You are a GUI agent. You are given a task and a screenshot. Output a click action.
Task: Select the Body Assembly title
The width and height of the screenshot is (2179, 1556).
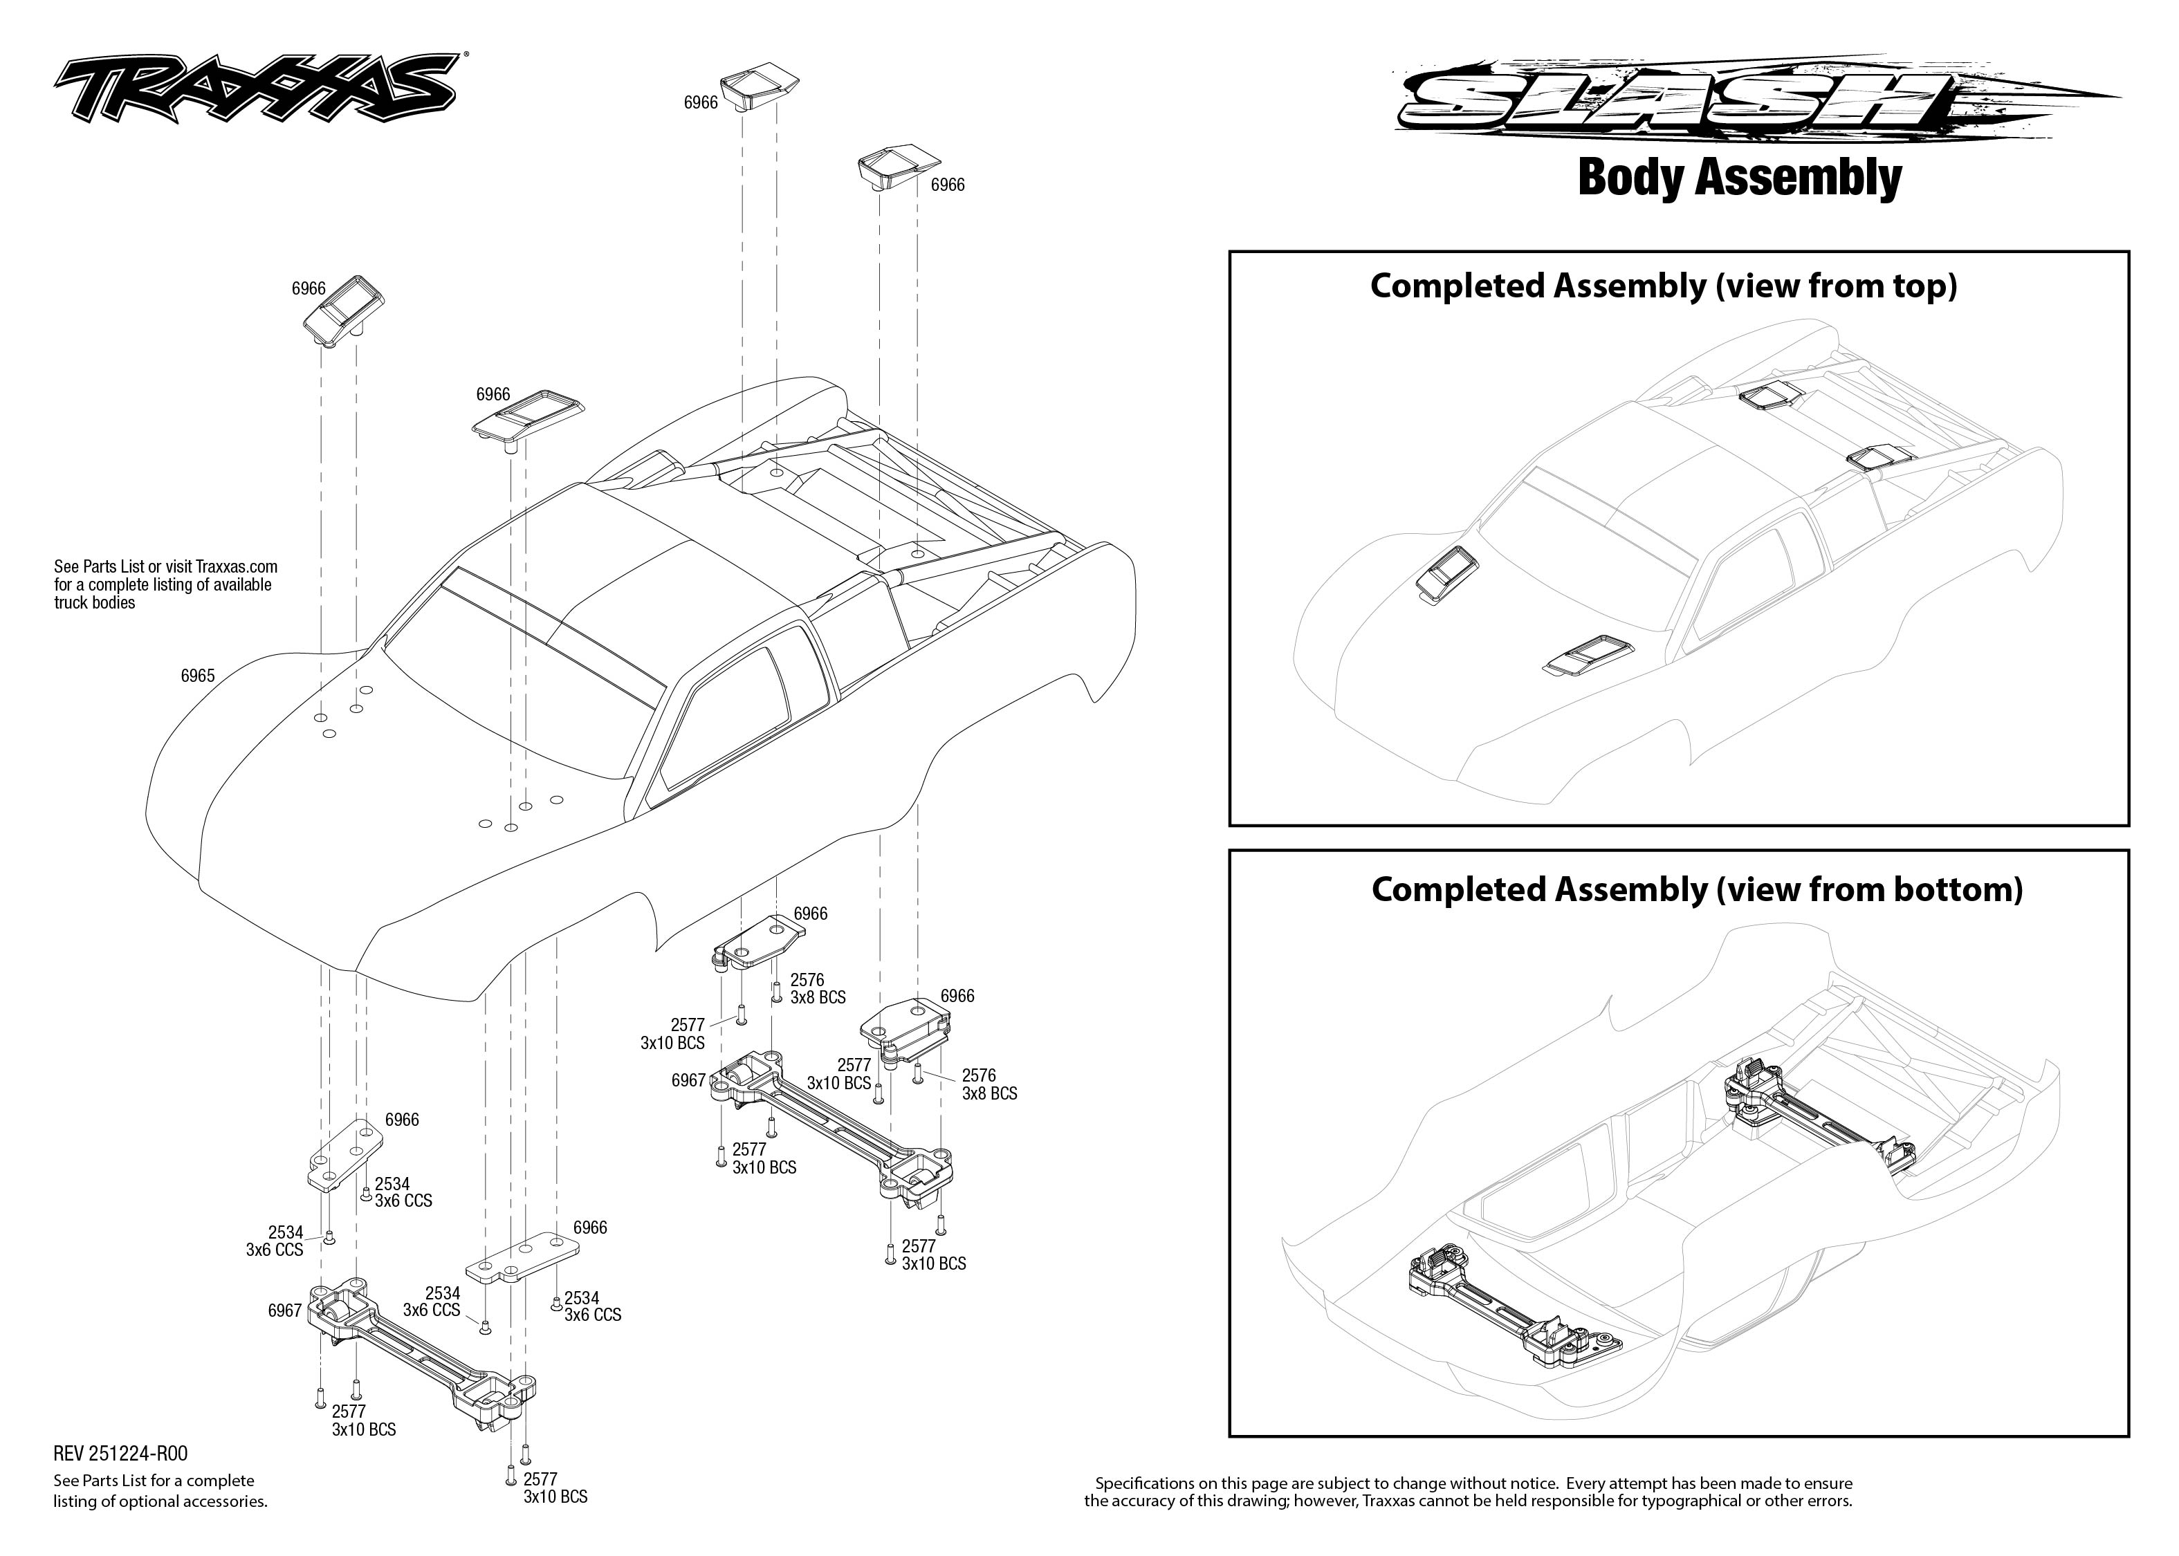1739,178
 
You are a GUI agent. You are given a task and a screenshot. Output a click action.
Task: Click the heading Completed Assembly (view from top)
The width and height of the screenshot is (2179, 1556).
1662,286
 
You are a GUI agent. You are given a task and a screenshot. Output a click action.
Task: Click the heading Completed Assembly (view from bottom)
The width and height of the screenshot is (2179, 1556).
1696,889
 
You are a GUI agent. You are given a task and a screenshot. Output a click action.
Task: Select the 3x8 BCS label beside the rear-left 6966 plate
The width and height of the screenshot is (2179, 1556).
818,997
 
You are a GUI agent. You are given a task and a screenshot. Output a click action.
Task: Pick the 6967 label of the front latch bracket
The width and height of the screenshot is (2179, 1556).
284,1310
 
